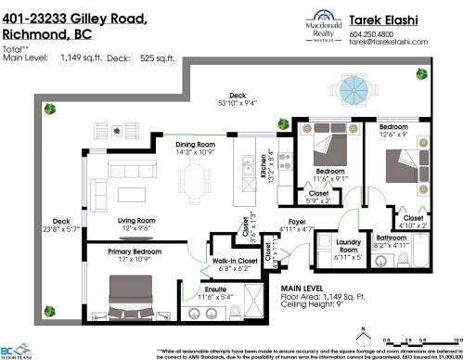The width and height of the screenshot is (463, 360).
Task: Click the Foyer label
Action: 299,222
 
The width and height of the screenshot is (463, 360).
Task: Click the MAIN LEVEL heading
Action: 305,290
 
